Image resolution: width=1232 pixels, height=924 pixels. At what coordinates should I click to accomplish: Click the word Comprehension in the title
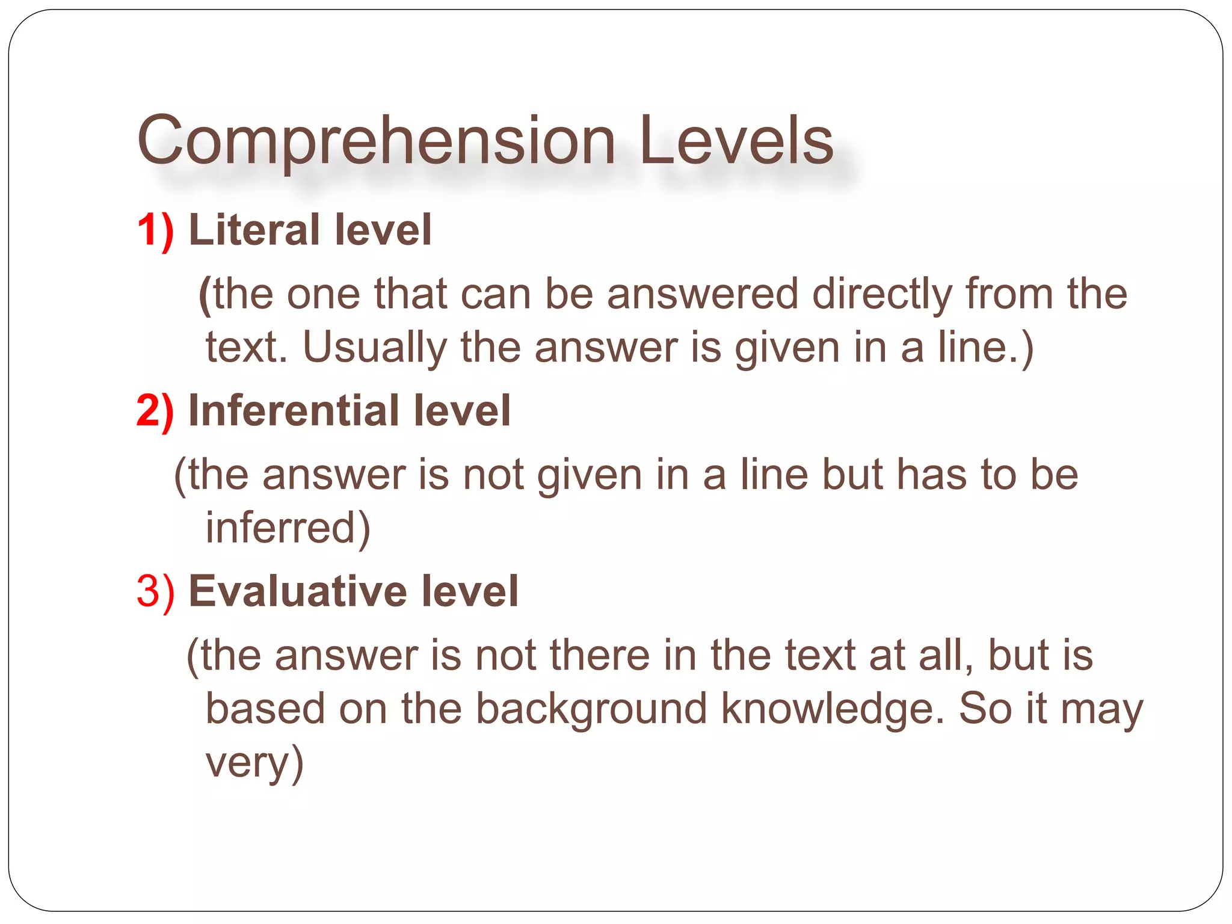click(x=376, y=142)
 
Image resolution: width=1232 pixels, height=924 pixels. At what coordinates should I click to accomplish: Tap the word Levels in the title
click(x=736, y=141)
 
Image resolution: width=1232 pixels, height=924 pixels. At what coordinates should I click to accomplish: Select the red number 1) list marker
click(x=155, y=230)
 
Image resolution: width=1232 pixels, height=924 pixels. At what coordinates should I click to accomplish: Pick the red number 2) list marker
click(x=155, y=411)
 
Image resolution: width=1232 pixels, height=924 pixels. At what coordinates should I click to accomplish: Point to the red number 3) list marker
click(x=155, y=591)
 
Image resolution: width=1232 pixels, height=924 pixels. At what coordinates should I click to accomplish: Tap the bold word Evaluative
click(x=298, y=591)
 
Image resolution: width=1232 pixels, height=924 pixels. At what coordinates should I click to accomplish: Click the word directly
click(x=882, y=295)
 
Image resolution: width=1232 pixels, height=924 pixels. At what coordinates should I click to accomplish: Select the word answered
click(x=703, y=295)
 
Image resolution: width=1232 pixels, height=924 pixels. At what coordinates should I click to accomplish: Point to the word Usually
click(x=375, y=348)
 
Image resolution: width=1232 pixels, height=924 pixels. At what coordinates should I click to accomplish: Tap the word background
click(x=591, y=709)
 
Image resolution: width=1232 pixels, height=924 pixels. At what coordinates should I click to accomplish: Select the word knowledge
click(x=833, y=709)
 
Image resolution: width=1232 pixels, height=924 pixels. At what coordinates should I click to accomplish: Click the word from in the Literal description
click(x=1009, y=295)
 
